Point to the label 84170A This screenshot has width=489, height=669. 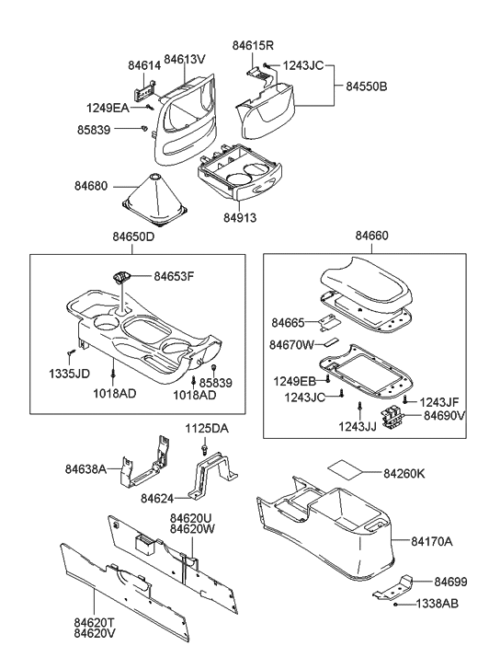pos(431,541)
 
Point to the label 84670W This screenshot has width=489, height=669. pos(293,345)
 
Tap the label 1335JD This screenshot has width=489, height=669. pos(69,374)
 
